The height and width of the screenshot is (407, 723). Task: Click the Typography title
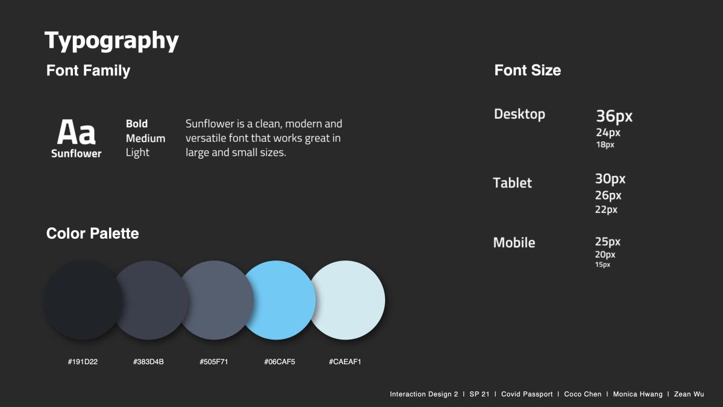click(111, 41)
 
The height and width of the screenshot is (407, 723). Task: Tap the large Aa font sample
click(76, 132)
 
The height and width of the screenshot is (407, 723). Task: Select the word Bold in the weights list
click(137, 124)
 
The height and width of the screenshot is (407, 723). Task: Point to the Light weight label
click(137, 153)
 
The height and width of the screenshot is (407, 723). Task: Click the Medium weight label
click(146, 138)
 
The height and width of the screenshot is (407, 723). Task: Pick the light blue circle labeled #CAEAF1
click(347, 300)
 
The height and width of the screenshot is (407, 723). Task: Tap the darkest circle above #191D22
click(83, 300)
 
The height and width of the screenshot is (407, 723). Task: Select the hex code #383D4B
click(148, 362)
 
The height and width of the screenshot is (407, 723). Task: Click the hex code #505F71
click(214, 362)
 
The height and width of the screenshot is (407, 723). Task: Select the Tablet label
click(513, 183)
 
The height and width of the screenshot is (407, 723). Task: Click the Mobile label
click(514, 242)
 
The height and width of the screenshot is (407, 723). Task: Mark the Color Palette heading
click(93, 233)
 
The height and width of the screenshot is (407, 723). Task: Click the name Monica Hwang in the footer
click(638, 394)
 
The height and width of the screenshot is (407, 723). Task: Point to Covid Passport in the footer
click(527, 394)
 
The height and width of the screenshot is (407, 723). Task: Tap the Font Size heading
click(528, 70)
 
